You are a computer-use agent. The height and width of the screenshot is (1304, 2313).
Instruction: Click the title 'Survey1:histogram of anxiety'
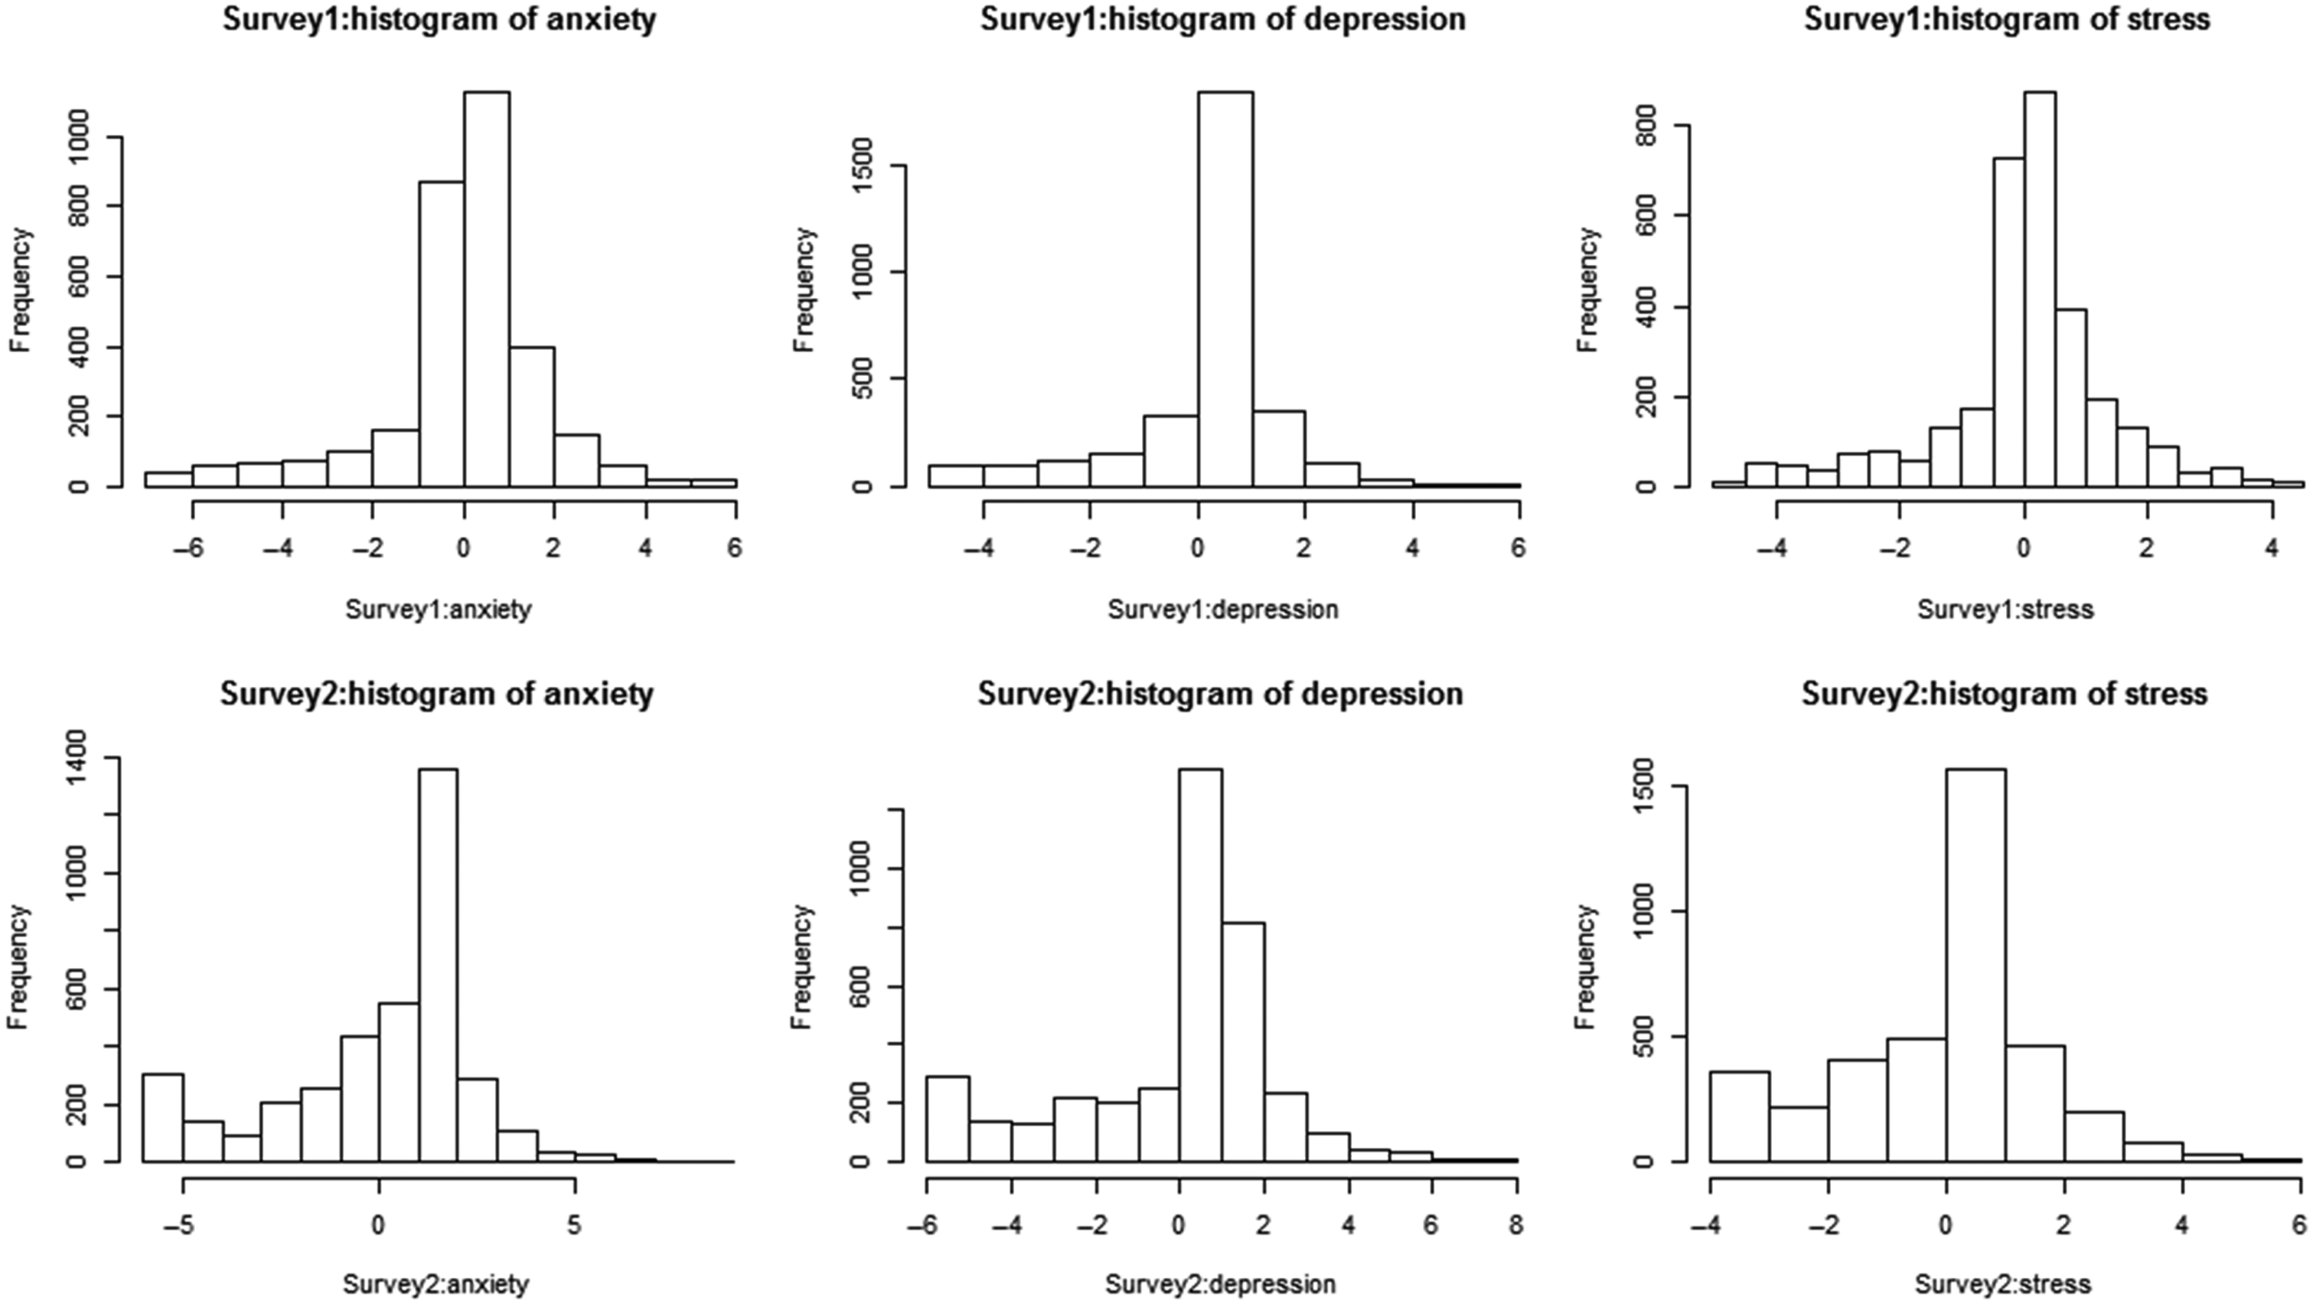coord(439,20)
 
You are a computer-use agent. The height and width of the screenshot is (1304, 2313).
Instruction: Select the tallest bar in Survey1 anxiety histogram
coord(487,287)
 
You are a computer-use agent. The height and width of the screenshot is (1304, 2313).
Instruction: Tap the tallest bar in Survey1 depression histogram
coord(1225,287)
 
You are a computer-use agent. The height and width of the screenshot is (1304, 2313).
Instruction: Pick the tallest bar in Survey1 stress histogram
coord(2040,287)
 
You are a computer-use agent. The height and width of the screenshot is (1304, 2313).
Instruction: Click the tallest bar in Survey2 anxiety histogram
coord(437,966)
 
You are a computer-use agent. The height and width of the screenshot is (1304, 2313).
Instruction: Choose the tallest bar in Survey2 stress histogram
coord(1975,966)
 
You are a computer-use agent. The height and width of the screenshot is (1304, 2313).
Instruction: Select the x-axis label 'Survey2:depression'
coord(1220,1284)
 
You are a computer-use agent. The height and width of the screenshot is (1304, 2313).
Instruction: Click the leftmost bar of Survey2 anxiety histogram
coord(164,1118)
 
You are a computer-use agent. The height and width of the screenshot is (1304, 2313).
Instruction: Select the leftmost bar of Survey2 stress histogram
coord(1739,1116)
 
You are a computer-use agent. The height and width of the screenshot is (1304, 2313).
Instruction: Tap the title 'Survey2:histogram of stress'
coord(2004,694)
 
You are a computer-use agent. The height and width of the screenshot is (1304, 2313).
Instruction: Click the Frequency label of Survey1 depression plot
coord(804,289)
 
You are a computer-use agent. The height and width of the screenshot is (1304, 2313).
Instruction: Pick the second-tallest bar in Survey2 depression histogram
coord(1243,1042)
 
